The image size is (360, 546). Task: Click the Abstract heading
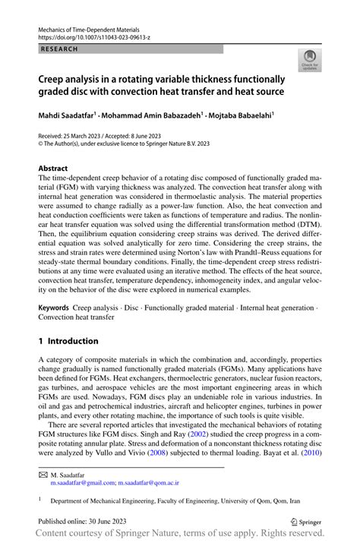pyautogui.click(x=54, y=168)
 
